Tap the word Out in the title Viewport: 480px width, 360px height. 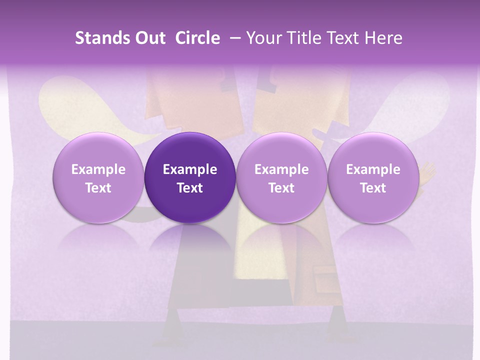tap(149, 38)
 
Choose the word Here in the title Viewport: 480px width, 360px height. tap(384, 38)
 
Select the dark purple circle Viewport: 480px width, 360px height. tap(190, 178)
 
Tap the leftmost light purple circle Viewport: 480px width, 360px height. tap(98, 178)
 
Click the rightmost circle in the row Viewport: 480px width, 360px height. tap(373, 178)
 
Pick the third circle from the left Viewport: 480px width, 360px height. tap(281, 178)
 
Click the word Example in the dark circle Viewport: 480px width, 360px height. tap(190, 169)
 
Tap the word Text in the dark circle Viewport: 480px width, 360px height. tap(190, 188)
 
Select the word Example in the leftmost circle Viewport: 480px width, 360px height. tap(98, 169)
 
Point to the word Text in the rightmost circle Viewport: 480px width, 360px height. tap(373, 188)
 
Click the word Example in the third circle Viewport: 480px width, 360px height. tap(281, 169)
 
